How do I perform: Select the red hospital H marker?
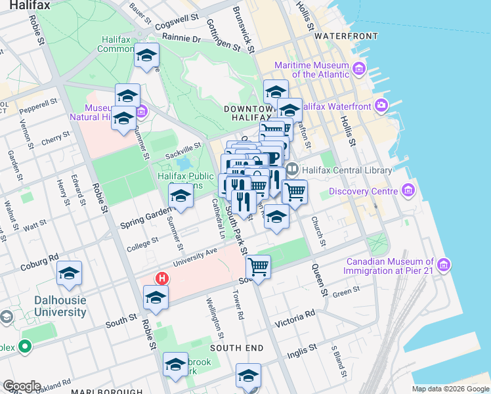pos(162,278)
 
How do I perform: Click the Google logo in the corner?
pos(22,386)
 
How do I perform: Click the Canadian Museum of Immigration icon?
pos(444,265)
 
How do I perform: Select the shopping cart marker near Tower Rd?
pos(259,267)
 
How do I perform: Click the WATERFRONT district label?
pos(346,35)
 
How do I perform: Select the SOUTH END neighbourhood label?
pos(236,348)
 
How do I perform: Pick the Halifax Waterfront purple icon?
pos(382,106)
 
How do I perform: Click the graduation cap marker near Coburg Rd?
pos(69,274)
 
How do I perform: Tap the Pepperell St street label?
pos(38,106)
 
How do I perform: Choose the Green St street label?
pos(347,292)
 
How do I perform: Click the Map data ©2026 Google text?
pos(450,389)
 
